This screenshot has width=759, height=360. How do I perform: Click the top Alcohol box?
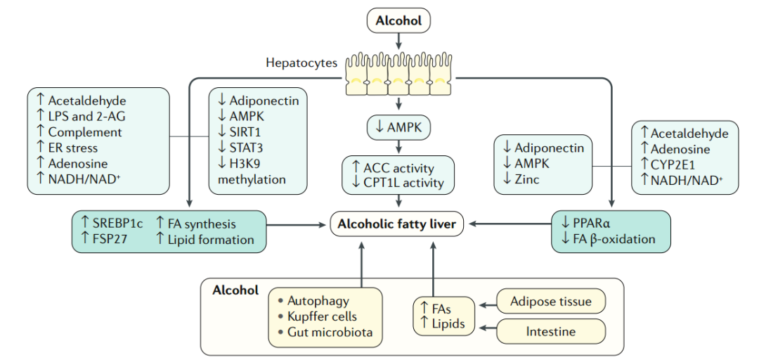[398, 21]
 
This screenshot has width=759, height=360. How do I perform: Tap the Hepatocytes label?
[301, 63]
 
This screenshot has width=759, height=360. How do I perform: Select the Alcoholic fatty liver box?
[398, 225]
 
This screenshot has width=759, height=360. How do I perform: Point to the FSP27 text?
[110, 240]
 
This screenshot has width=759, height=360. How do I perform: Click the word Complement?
[84, 132]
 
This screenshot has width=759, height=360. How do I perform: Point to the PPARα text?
[591, 224]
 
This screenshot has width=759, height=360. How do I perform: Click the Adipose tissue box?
[550, 302]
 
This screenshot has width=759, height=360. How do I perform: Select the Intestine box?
[550, 331]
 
